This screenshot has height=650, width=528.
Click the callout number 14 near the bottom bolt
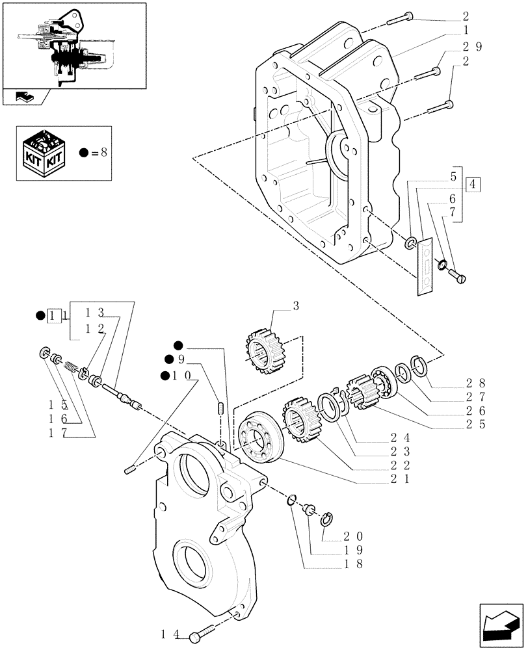click(x=169, y=632)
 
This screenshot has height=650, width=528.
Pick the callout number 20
click(x=351, y=537)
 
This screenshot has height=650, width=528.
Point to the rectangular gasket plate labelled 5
click(x=426, y=267)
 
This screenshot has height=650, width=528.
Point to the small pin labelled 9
click(x=220, y=408)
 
